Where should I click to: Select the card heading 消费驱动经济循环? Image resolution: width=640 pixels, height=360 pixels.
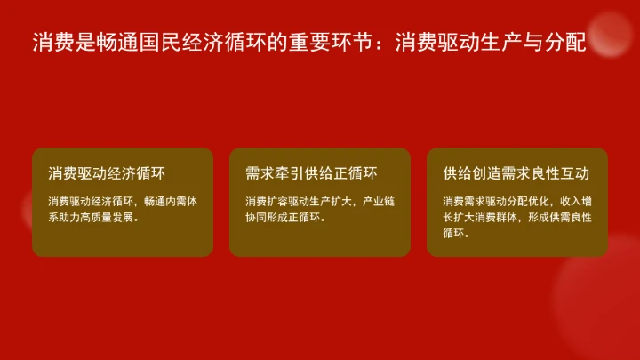tap(108, 172)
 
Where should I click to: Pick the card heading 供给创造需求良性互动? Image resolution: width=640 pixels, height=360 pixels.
tap(516, 172)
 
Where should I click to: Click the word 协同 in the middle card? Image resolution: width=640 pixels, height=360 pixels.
tap(255, 217)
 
